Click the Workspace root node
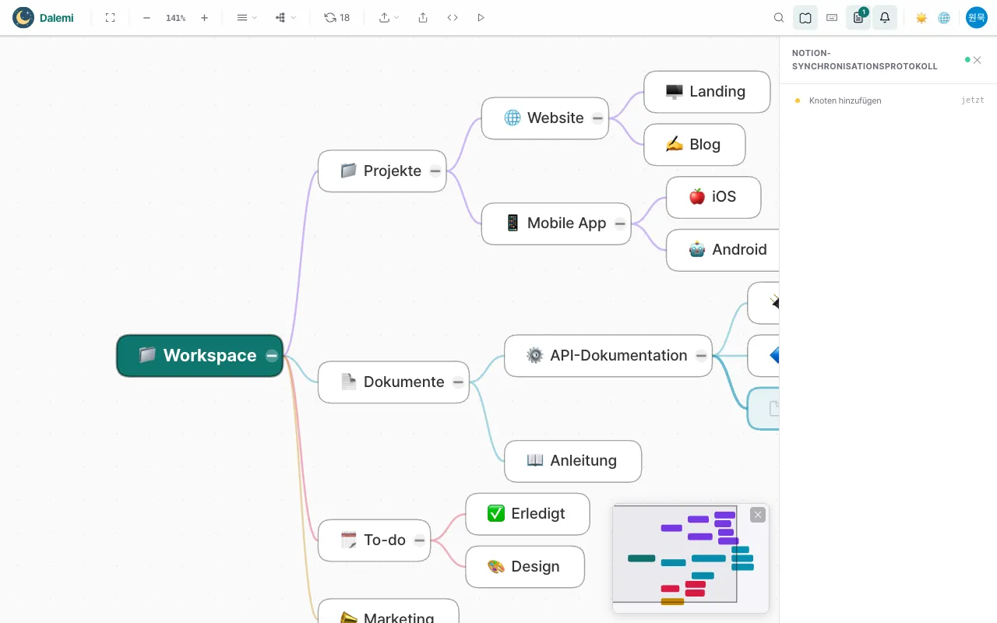pos(199,356)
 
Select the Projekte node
pos(382,171)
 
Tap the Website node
pos(544,118)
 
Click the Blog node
pos(694,145)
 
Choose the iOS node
pos(713,197)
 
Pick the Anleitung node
pos(572,461)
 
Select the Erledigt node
pos(527,514)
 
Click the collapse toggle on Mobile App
pos(620,224)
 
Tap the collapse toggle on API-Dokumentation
pos(701,356)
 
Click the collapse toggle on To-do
pos(419,540)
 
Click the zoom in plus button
pos(204,18)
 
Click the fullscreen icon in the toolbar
pos(111,18)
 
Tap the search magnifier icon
pos(778,18)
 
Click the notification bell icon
pos(885,18)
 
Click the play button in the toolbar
pos(481,18)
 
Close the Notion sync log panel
pos(977,60)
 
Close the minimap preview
pos(758,515)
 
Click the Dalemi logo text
pos(57,18)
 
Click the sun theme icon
pos(921,18)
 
